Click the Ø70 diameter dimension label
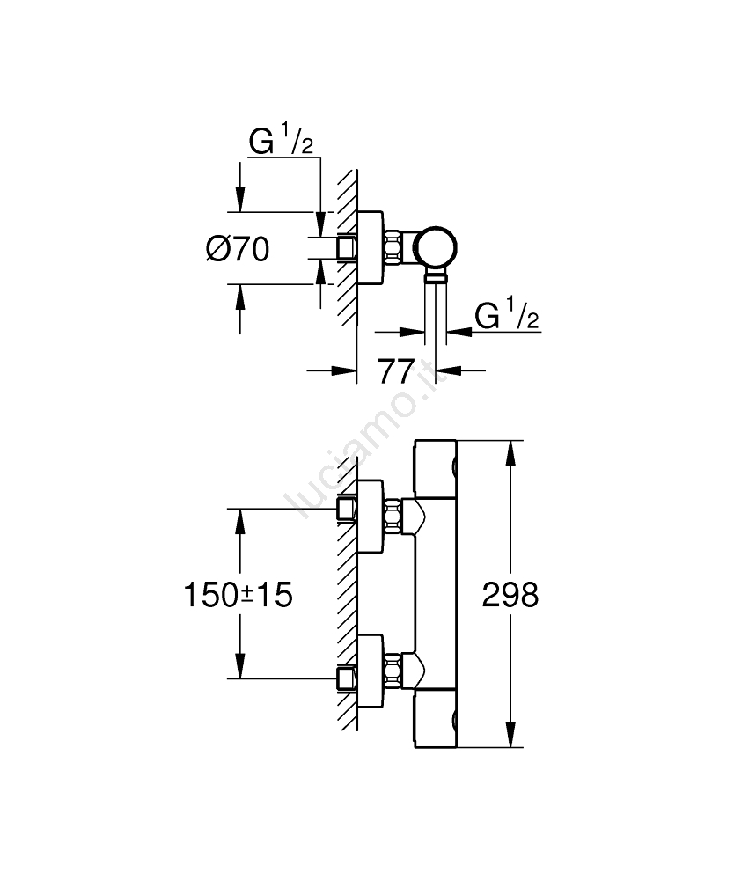[x=237, y=249]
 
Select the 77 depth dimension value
[x=397, y=371]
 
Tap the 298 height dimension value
[x=510, y=596]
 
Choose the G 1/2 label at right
[x=506, y=315]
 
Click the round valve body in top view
[x=437, y=247]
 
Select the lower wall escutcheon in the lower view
[x=370, y=678]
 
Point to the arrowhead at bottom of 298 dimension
[x=510, y=739]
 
